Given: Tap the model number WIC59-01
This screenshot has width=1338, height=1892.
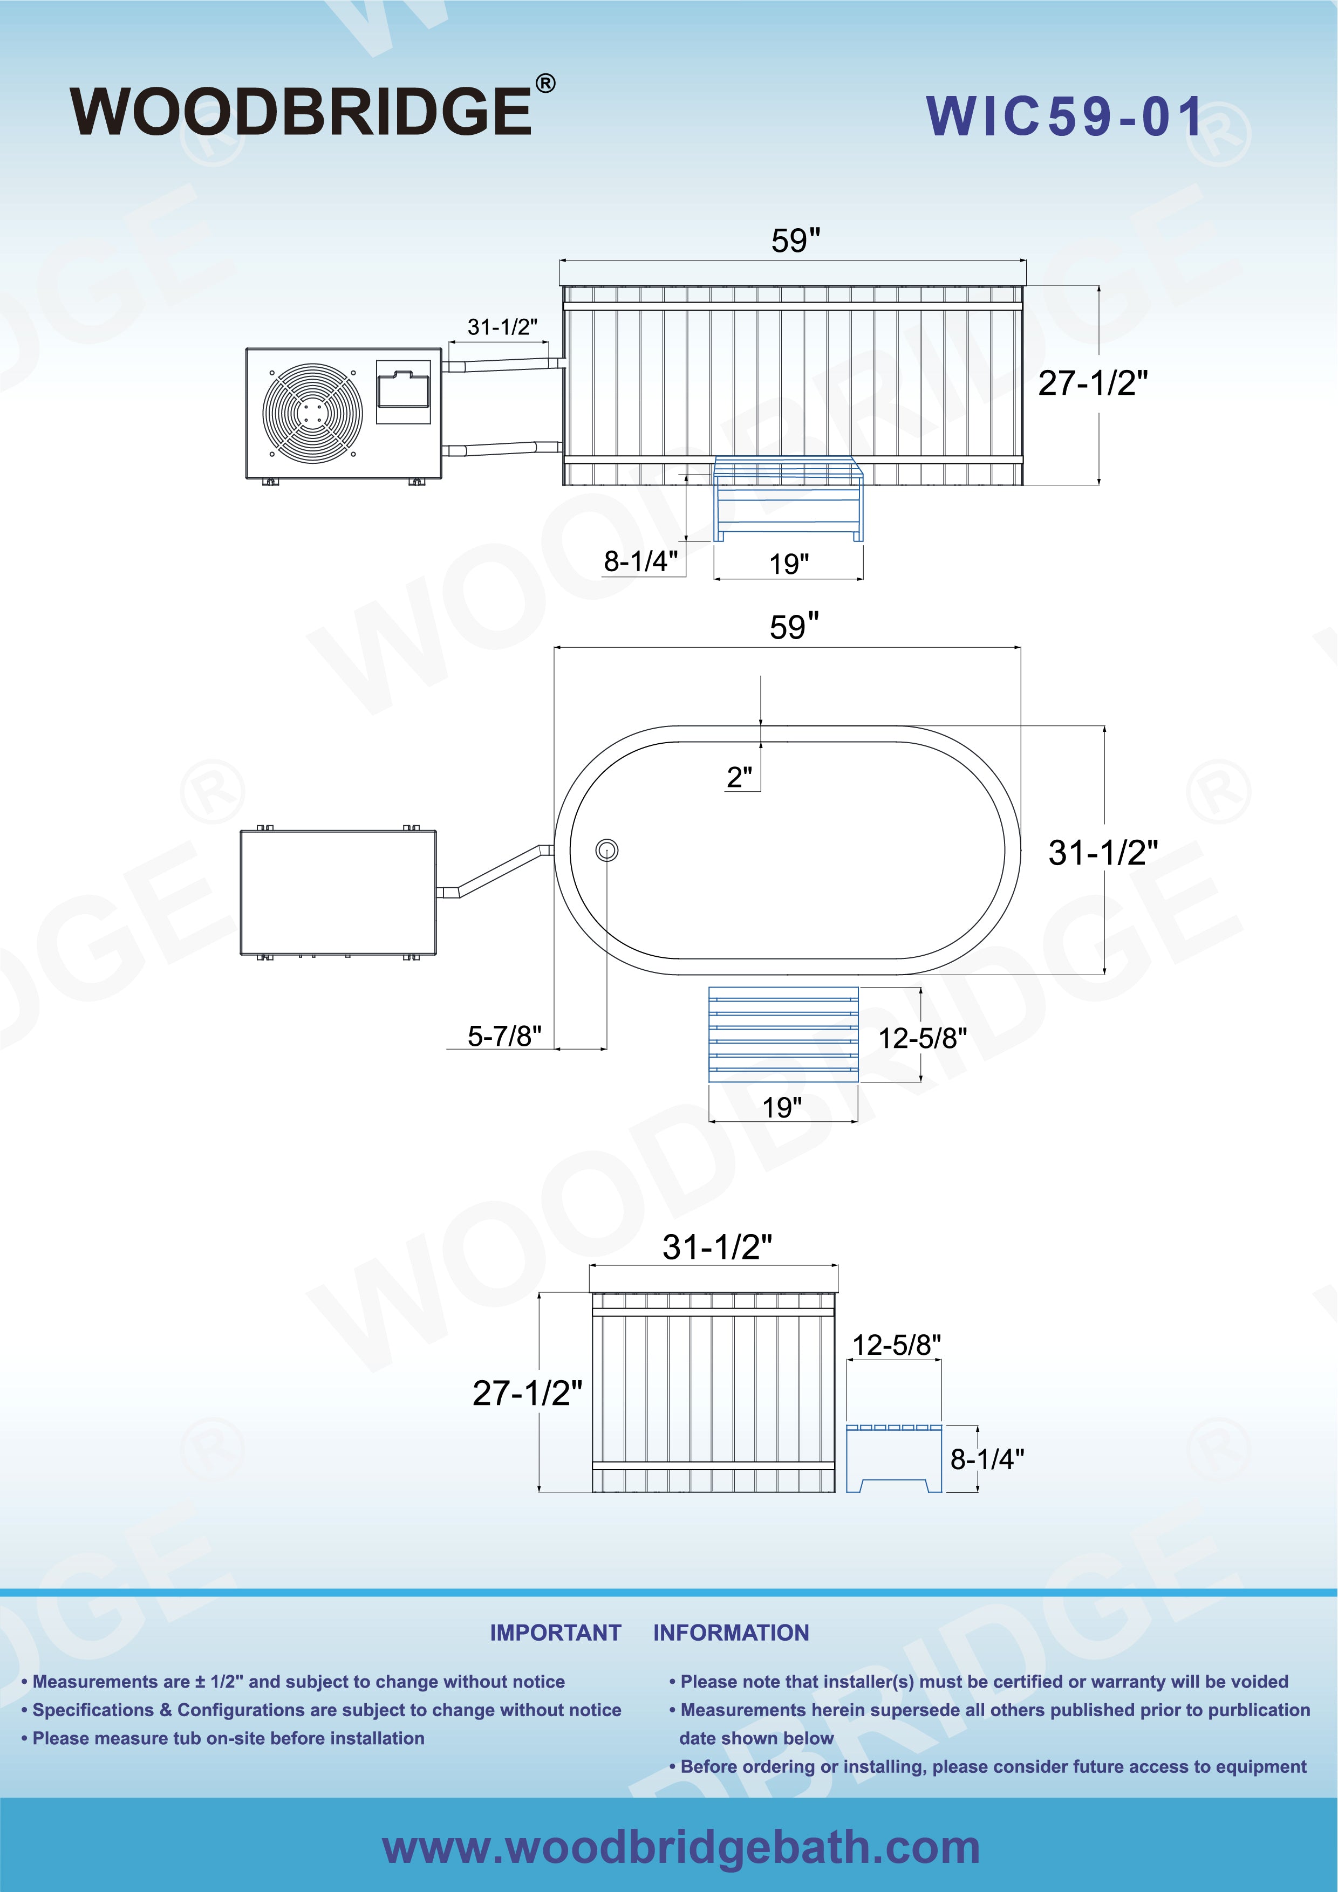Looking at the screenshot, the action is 1064,116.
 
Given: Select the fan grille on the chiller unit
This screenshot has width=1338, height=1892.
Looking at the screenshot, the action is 312,412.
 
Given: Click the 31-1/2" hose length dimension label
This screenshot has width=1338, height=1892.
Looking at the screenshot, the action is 503,327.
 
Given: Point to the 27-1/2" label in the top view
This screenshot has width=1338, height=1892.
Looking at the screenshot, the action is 1093,383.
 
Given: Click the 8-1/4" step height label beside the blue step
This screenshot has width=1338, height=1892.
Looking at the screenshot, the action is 640,561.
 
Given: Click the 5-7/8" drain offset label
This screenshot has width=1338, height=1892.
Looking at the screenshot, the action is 504,1036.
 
